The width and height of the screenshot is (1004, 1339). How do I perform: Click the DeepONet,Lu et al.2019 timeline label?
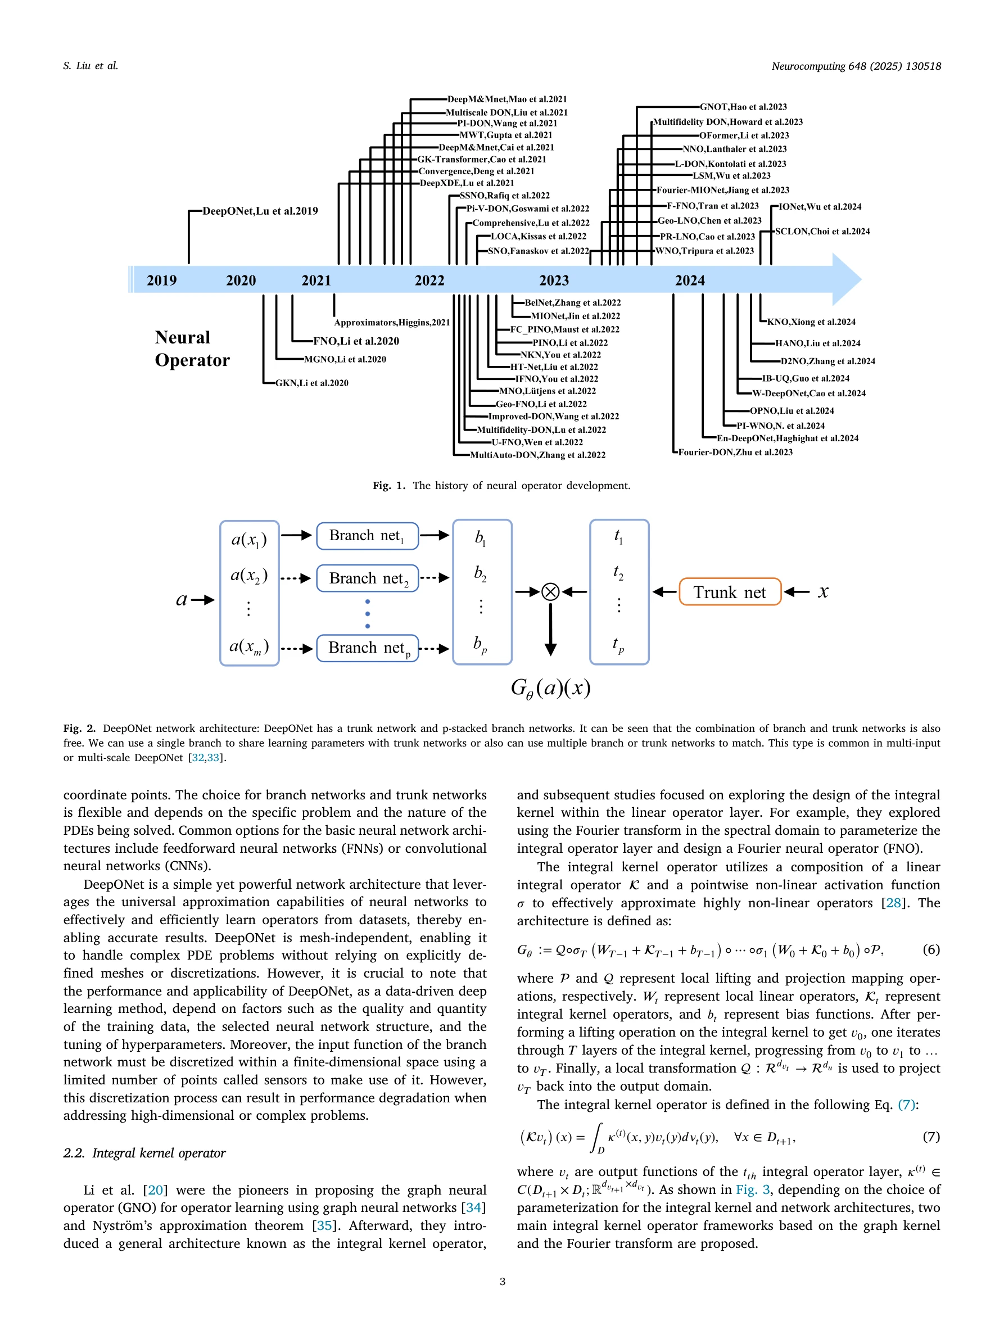click(260, 211)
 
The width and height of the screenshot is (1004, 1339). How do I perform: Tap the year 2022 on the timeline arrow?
click(429, 281)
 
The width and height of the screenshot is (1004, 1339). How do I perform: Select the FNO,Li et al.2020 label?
click(356, 341)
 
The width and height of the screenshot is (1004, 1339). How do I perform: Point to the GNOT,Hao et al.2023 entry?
click(743, 107)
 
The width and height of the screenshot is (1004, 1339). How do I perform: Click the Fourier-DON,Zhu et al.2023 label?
click(735, 452)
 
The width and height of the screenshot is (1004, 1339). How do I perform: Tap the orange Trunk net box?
click(729, 592)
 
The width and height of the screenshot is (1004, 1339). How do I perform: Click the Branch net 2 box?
click(367, 578)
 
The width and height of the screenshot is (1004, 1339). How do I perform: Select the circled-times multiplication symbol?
click(550, 591)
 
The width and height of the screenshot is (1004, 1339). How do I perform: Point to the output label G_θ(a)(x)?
click(550, 687)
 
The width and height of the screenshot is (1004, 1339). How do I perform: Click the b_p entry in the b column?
click(481, 645)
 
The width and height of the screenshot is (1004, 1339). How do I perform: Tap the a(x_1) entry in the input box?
click(248, 539)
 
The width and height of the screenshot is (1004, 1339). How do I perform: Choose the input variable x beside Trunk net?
click(823, 591)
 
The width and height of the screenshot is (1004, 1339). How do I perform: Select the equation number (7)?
click(931, 1136)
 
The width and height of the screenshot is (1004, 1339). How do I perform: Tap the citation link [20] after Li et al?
click(156, 1190)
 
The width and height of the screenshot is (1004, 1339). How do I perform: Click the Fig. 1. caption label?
click(388, 486)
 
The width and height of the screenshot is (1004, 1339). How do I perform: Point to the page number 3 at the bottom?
click(503, 1282)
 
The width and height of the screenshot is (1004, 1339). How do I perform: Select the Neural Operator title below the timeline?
click(192, 349)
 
